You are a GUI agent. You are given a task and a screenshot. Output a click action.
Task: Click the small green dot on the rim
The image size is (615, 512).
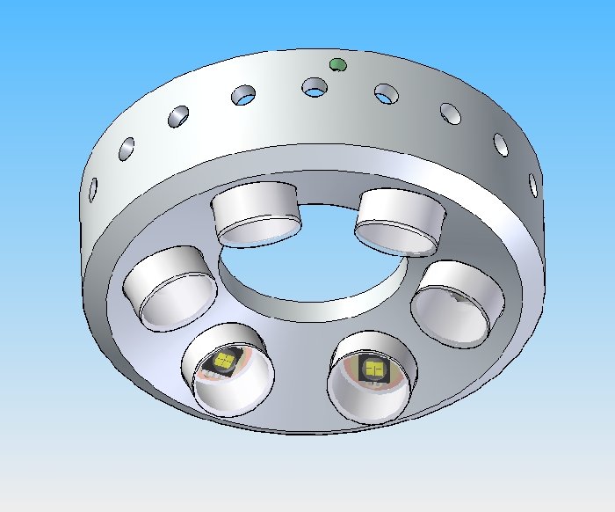click(x=336, y=63)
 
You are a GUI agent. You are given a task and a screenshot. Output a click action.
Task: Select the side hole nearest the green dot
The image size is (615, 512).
click(x=314, y=87)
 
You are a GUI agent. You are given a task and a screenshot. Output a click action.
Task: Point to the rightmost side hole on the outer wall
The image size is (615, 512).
click(x=532, y=183)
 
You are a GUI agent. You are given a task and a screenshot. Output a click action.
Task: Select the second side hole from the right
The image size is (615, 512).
click(x=500, y=143)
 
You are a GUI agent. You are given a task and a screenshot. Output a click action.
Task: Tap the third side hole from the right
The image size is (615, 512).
click(x=450, y=113)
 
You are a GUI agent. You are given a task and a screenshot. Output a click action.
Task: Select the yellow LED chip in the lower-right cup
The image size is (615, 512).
click(x=373, y=369)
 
